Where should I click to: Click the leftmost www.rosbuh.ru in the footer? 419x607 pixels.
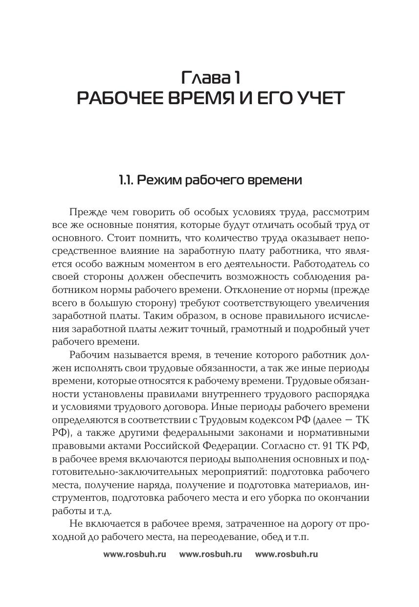(135, 554)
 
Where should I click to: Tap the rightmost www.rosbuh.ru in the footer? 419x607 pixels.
(287, 554)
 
